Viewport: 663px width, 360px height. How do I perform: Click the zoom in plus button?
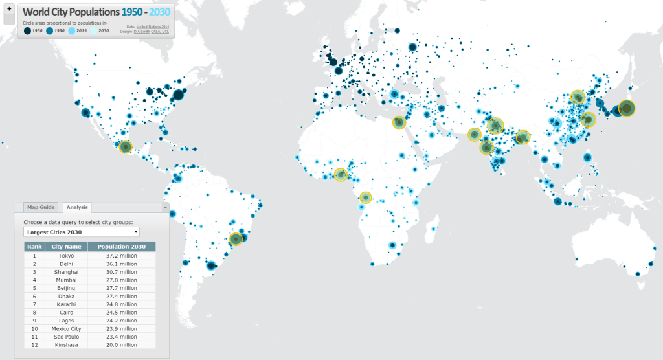point(9,9)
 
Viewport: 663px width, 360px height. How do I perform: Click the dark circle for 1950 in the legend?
point(27,30)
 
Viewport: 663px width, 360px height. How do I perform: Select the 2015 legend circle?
point(71,30)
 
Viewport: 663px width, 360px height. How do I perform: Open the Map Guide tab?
point(40,207)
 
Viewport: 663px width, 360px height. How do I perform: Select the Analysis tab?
point(77,207)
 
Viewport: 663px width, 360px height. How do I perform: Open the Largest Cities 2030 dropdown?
point(81,231)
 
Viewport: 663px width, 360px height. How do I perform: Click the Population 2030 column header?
point(122,247)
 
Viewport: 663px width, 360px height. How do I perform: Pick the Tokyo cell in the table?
point(66,256)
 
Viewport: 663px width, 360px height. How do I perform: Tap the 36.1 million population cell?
point(122,264)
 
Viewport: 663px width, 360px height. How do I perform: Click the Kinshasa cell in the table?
point(66,344)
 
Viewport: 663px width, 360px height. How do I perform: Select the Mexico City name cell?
point(66,328)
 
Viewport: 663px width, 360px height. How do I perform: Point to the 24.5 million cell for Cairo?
point(122,311)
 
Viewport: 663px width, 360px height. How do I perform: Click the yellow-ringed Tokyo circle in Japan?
point(626,108)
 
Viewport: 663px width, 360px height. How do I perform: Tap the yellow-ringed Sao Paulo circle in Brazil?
point(236,240)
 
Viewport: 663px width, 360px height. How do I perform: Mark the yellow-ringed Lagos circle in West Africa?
point(341,174)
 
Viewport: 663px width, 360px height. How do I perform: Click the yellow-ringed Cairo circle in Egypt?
point(400,122)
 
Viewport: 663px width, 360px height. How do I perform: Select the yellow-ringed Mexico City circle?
point(126,147)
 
